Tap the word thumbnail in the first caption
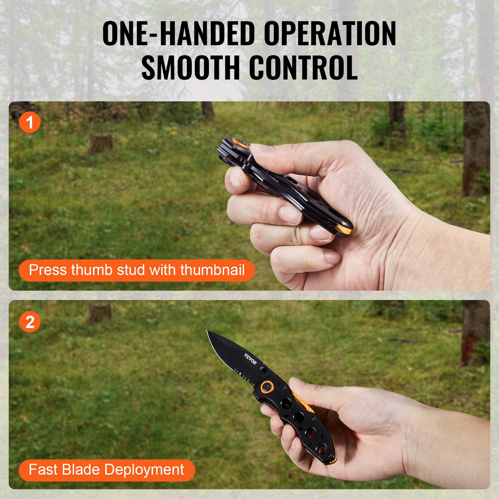[x=212, y=269]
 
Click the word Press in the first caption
[x=48, y=269]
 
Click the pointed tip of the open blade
[x=207, y=331]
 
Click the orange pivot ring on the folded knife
[x=242, y=143]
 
